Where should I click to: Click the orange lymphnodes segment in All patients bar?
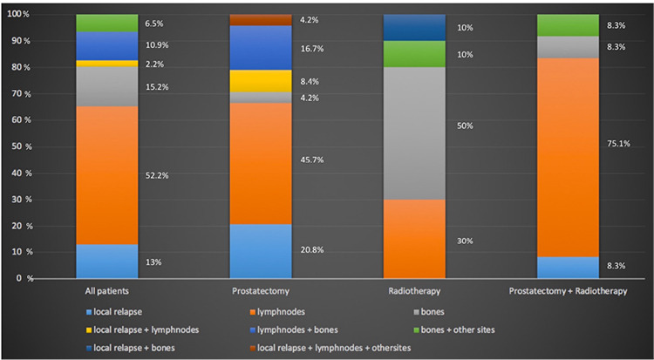point(106,175)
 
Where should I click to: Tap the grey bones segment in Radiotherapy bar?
point(414,133)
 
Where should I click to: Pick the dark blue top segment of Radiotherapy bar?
point(414,28)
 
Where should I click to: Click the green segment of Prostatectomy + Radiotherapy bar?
point(568,25)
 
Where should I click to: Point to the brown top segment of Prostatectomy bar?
point(261,20)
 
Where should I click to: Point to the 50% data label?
point(465,126)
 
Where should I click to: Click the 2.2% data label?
point(154,65)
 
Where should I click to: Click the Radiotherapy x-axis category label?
point(414,291)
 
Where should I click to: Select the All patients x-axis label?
point(106,291)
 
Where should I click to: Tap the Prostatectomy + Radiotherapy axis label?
point(568,291)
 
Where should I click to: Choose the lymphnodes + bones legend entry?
point(294,330)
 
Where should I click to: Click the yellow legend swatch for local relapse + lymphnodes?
point(88,330)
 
